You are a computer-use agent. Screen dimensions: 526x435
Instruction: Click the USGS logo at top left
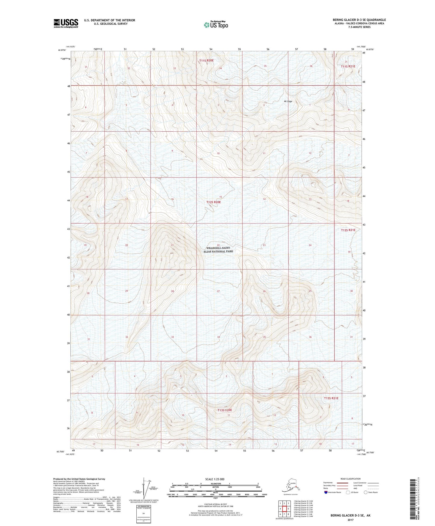[x=66, y=23]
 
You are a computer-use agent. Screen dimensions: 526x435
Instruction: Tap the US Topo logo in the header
[x=216, y=24]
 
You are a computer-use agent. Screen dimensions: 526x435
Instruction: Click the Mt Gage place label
[x=288, y=102]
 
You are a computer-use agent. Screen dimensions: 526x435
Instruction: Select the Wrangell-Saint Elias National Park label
[x=218, y=250]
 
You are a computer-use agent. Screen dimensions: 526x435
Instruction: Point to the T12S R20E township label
[x=213, y=202]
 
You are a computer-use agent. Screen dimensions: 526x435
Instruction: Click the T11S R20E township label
[x=206, y=61]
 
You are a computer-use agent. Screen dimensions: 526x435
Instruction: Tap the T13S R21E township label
[x=331, y=398]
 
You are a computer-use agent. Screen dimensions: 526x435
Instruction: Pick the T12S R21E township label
[x=348, y=230]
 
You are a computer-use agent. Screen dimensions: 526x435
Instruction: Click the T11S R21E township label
[x=348, y=66]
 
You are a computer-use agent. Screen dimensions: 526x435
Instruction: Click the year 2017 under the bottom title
[x=350, y=520]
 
